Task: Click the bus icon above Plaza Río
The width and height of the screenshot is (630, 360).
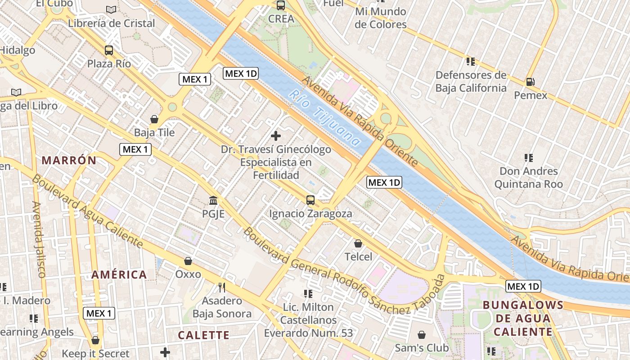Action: click(109, 50)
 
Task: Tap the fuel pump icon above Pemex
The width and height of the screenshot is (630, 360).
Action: click(531, 82)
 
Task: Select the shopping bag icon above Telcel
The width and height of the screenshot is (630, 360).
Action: click(358, 243)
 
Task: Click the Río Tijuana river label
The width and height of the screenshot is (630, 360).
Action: click(324, 118)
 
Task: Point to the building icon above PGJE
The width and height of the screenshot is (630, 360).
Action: click(213, 200)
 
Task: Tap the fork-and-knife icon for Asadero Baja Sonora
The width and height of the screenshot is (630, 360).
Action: click(221, 287)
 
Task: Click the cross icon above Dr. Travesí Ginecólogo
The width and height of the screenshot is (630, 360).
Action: click(276, 135)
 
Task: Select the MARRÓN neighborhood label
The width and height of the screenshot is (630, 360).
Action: click(69, 160)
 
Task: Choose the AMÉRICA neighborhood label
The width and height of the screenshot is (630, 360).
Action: click(119, 274)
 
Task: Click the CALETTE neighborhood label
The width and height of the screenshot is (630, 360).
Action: click(203, 335)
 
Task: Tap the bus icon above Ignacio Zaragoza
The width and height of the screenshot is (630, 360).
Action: click(310, 200)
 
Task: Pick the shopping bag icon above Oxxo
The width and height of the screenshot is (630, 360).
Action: click(188, 261)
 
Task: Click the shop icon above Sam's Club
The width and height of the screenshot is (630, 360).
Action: click(422, 335)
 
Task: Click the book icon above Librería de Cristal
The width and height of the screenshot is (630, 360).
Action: click(111, 9)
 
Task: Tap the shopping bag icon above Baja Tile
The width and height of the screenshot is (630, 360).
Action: click(154, 119)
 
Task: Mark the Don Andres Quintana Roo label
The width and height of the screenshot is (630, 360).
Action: click(528, 178)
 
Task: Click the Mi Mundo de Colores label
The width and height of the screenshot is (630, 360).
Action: click(380, 18)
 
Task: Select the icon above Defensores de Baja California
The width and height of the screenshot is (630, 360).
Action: click(471, 61)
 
